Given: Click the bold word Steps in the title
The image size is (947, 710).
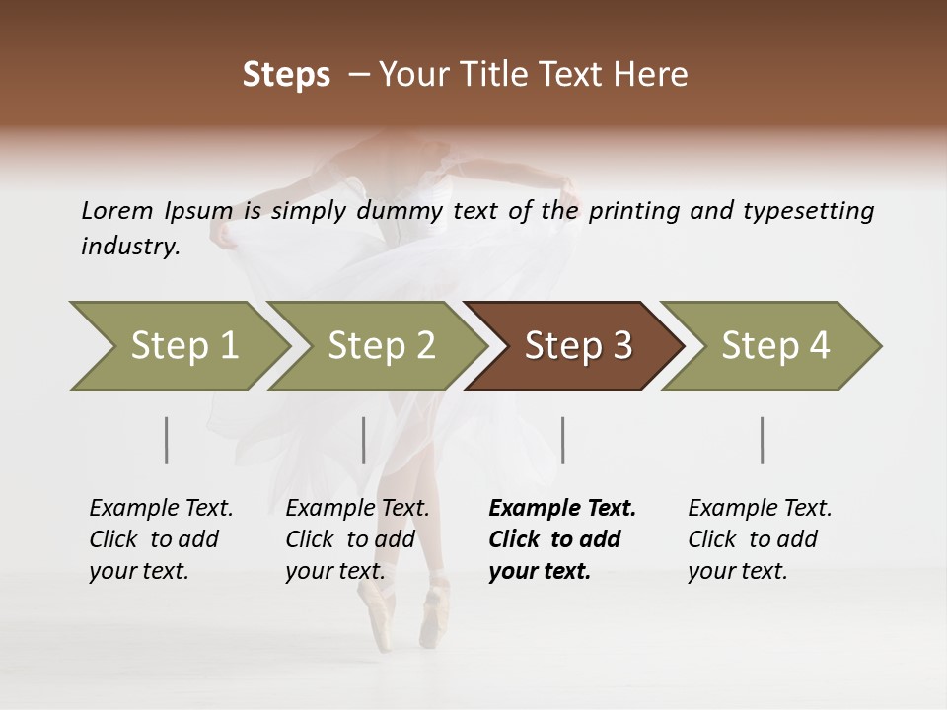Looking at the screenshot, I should (x=286, y=75).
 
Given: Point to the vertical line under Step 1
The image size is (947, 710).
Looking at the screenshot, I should (x=167, y=440).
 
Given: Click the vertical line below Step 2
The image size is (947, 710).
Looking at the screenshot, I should (x=364, y=440).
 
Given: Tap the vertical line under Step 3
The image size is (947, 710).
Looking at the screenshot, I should (x=563, y=440).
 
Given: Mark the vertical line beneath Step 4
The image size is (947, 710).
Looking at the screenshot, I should (x=763, y=440).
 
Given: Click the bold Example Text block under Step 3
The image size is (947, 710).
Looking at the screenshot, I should (x=562, y=539).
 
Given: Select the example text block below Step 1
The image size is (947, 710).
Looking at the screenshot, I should (x=161, y=539).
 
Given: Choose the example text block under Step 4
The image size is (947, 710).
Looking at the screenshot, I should (x=760, y=539).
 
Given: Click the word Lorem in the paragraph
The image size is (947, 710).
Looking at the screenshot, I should (x=116, y=211).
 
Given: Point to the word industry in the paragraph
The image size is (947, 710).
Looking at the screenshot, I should (x=129, y=247).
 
